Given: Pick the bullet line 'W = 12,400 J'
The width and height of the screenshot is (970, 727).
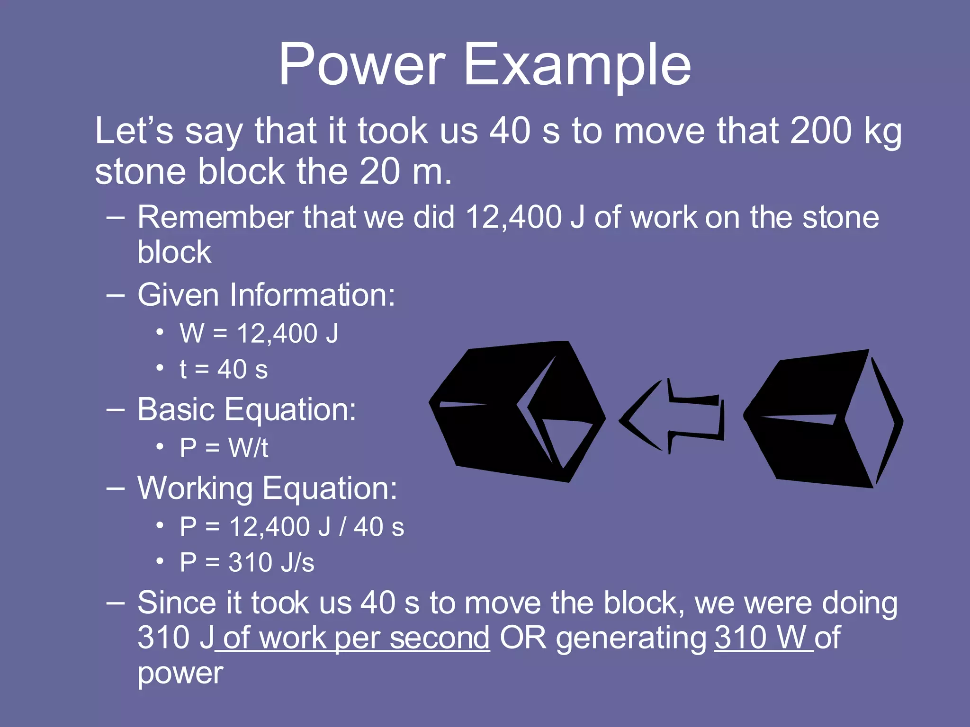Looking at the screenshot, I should [x=259, y=333].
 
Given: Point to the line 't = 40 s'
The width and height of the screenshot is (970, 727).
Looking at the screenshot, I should [x=224, y=370].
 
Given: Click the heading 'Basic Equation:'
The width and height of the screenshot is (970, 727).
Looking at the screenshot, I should [x=246, y=409].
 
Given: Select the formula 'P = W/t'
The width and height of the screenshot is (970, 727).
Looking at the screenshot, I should [x=224, y=448].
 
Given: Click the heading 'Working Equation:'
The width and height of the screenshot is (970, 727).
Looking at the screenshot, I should [x=267, y=488].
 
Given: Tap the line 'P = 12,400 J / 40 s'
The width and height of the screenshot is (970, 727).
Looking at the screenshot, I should [x=292, y=527].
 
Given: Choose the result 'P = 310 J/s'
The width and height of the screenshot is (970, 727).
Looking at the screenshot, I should [x=247, y=563].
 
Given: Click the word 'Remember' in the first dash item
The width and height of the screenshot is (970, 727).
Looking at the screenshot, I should [x=216, y=218].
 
